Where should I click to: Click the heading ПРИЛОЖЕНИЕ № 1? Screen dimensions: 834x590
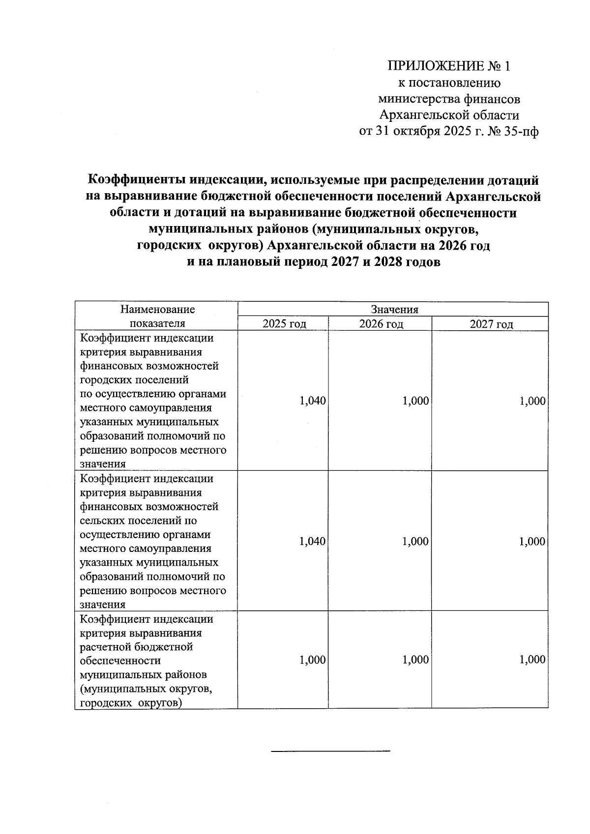(x=449, y=66)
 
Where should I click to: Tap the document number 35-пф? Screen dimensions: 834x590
(x=521, y=131)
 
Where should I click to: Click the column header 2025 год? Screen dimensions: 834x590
(x=284, y=324)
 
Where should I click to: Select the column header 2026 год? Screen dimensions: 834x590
(x=381, y=324)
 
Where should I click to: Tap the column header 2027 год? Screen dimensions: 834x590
(x=491, y=324)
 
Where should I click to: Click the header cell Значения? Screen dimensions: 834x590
(x=394, y=309)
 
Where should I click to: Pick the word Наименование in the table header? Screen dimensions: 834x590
(x=157, y=309)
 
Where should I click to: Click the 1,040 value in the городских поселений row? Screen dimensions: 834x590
(x=313, y=401)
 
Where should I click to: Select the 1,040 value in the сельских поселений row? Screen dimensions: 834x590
(x=313, y=542)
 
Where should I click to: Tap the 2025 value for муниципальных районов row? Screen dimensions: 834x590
(x=313, y=660)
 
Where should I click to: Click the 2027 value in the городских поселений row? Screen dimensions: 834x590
(x=532, y=401)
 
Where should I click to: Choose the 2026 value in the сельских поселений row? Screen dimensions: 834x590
(x=415, y=542)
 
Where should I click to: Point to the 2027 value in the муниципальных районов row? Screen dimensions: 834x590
(x=532, y=660)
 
